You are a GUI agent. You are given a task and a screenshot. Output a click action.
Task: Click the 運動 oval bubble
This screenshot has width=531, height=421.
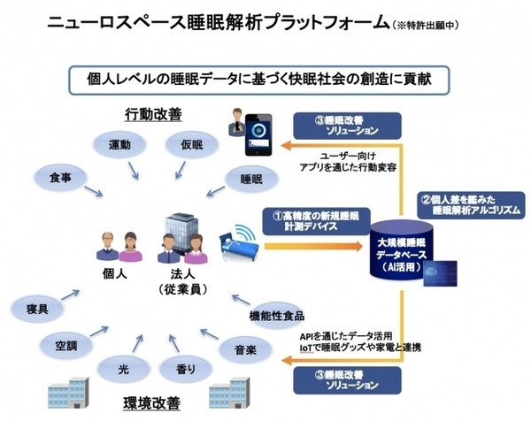[x=120, y=145]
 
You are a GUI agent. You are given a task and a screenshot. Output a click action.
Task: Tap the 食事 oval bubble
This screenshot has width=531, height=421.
[x=60, y=178]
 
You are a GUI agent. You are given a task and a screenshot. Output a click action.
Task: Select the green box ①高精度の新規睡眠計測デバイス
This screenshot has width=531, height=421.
[x=308, y=220]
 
